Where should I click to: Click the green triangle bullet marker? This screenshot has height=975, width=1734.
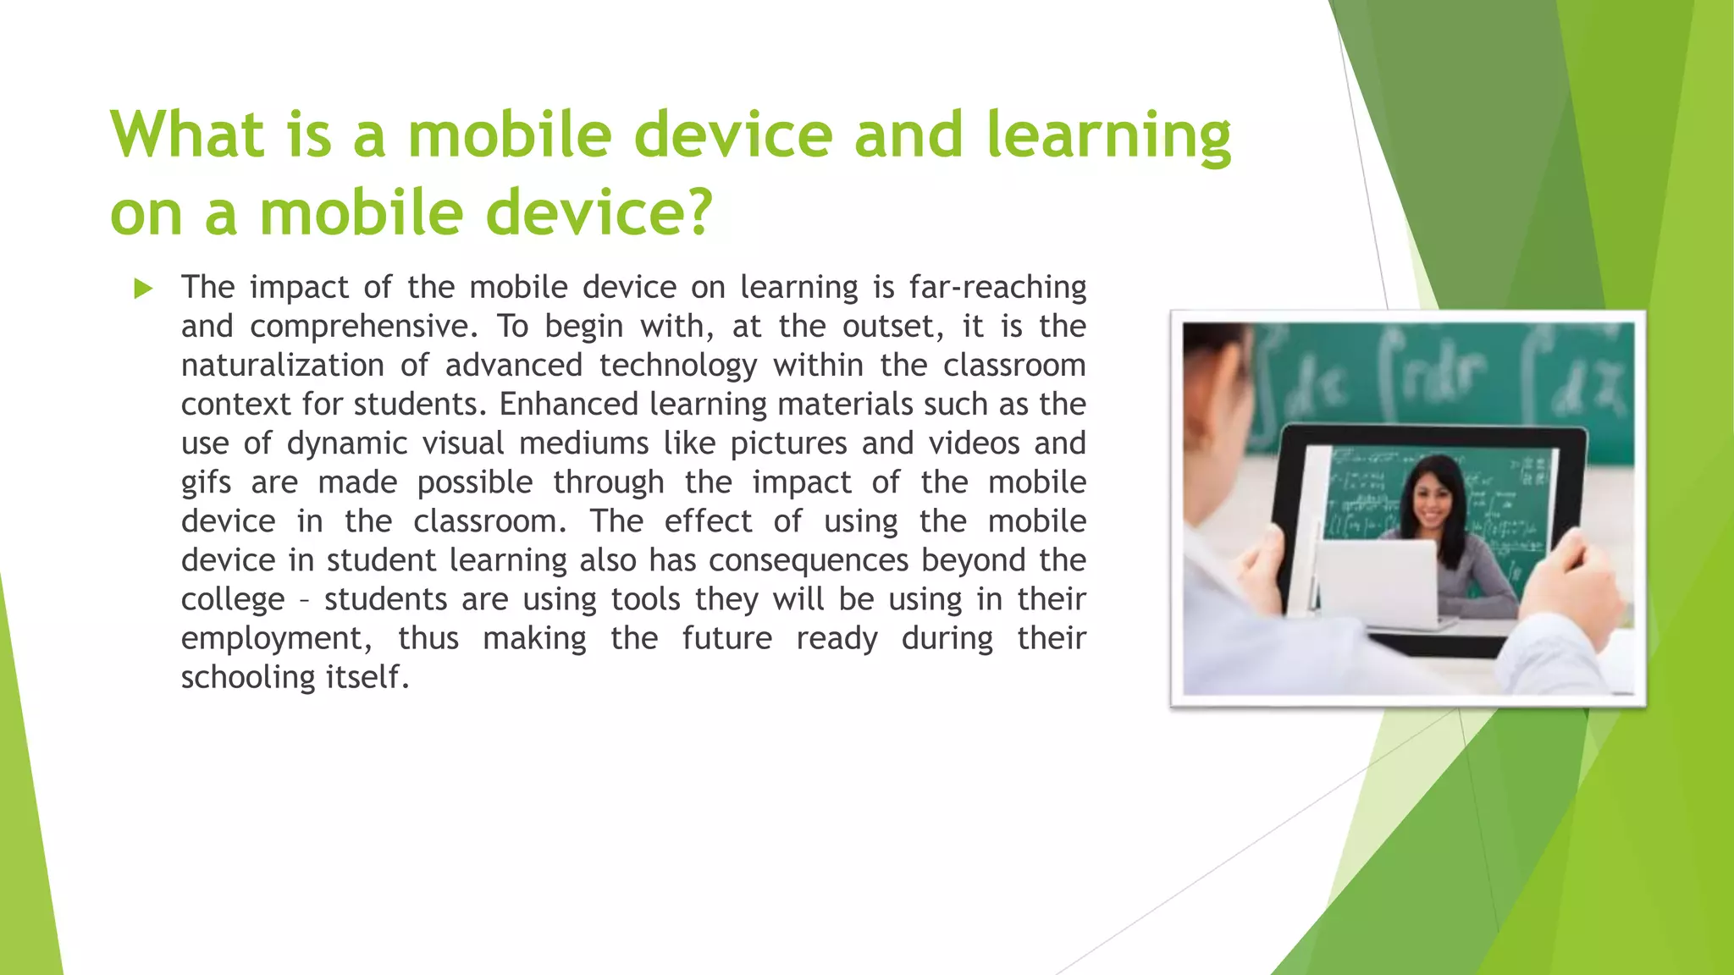tap(143, 289)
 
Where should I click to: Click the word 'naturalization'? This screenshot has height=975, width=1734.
tap(283, 366)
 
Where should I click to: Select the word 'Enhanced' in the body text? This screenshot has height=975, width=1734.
tap(568, 405)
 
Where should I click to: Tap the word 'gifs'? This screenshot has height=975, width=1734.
tap(206, 483)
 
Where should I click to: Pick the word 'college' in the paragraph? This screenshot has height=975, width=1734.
tap(233, 600)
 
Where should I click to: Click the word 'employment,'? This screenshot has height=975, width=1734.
tap(276, 639)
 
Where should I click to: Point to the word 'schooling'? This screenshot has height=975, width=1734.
tap(236, 677)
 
